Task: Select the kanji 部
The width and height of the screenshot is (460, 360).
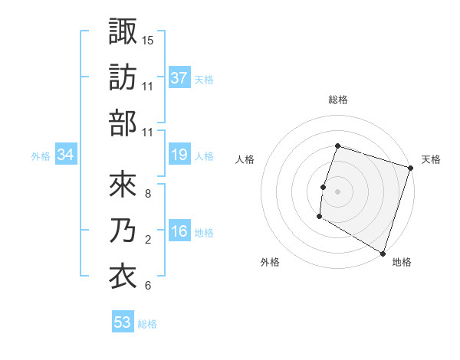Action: click(123, 123)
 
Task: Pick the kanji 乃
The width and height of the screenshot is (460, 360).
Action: click(123, 231)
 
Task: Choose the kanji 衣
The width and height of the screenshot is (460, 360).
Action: click(123, 277)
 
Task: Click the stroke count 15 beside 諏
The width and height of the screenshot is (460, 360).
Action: click(148, 39)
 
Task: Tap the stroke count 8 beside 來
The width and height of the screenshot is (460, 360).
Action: click(147, 193)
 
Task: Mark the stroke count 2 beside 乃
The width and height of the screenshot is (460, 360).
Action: click(147, 240)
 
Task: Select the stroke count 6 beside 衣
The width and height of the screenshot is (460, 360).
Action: click(147, 286)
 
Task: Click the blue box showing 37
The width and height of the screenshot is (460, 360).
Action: click(179, 78)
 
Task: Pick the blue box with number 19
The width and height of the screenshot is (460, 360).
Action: click(179, 155)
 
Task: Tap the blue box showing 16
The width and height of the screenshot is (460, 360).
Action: click(179, 232)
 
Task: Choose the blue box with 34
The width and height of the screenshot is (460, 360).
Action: click(66, 155)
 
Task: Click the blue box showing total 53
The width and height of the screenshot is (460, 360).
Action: click(123, 322)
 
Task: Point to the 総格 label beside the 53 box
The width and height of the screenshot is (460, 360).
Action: click(148, 324)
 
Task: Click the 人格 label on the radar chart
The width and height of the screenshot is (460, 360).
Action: click(245, 159)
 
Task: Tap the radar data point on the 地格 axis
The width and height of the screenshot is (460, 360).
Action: click(382, 253)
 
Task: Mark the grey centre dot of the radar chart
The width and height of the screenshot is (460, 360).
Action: click(337, 191)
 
